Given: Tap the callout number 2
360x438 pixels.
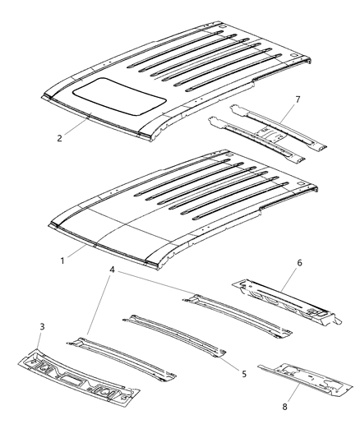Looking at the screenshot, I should pos(59,138).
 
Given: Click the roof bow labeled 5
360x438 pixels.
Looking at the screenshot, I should pos(173,335).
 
